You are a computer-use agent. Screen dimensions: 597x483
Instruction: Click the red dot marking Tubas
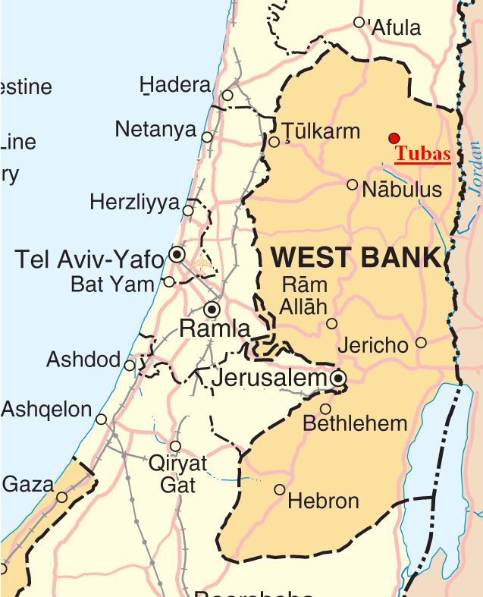[x=394, y=137]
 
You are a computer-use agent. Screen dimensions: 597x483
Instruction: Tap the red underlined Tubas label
[x=422, y=154]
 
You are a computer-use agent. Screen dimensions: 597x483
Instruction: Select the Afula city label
[x=395, y=29]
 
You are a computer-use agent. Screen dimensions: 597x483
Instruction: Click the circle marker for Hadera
[x=227, y=96]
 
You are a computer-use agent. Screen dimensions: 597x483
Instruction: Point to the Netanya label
[x=155, y=130]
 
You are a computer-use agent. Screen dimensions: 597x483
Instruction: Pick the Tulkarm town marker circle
[x=274, y=141]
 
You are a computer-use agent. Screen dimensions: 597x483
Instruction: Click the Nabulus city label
[x=402, y=189]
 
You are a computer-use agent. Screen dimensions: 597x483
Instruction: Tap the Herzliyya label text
[x=134, y=203]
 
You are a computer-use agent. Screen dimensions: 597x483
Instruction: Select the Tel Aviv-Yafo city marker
[x=177, y=254]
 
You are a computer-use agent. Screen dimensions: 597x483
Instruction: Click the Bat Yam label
[x=112, y=285]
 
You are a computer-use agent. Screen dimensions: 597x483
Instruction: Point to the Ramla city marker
[x=212, y=309]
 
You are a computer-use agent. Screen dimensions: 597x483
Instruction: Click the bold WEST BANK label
[x=356, y=257]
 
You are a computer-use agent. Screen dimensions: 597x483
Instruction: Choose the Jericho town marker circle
[x=421, y=343]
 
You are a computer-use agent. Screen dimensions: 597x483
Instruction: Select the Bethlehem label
[x=355, y=423]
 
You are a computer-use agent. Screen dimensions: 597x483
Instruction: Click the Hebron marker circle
[x=280, y=489]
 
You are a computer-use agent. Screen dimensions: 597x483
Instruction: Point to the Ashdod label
[x=83, y=359]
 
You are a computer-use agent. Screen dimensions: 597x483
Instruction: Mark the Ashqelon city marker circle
[x=101, y=419]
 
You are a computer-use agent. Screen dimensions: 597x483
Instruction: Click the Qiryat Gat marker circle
[x=175, y=446]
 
